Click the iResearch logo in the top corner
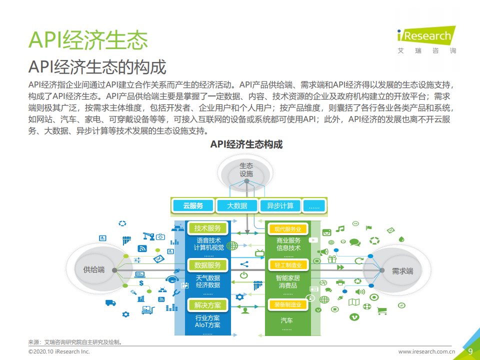click(x=425, y=37)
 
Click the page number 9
click(x=470, y=351)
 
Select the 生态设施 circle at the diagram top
click(x=246, y=170)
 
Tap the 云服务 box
click(x=192, y=205)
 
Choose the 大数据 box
click(x=237, y=205)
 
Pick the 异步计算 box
click(x=280, y=205)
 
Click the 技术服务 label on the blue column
click(x=207, y=228)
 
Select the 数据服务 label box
click(x=207, y=265)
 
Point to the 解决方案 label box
click(x=207, y=305)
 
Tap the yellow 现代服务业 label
click(x=287, y=229)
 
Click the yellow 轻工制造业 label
click(x=287, y=265)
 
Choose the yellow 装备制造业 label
click(x=287, y=304)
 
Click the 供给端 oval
click(x=94, y=270)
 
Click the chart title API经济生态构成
click(x=246, y=144)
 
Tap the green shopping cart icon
click(x=382, y=311)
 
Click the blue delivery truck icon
click(x=110, y=302)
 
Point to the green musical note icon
click(x=340, y=229)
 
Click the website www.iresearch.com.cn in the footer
click(x=426, y=351)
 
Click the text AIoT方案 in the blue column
click(x=207, y=325)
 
